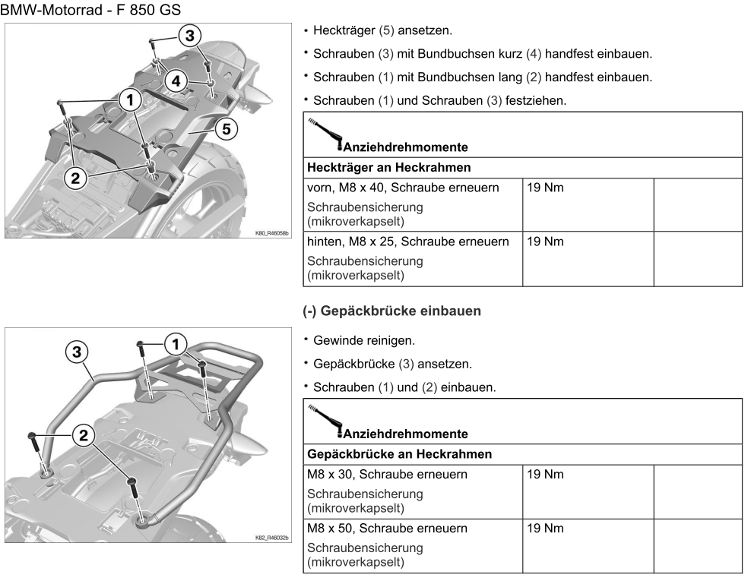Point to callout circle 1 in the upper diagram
coord(131,100)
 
